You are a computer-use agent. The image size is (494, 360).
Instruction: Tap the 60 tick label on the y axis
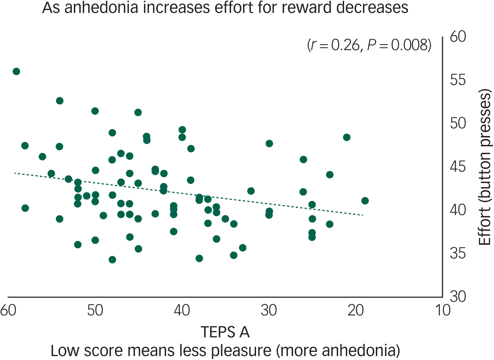point(458,37)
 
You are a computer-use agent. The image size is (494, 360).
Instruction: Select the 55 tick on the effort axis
point(458,80)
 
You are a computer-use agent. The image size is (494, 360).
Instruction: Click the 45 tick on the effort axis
point(458,166)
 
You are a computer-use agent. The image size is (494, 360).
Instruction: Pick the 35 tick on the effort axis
point(458,253)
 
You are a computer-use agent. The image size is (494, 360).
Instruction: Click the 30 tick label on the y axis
point(458,297)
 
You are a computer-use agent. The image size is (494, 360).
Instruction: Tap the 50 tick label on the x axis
point(95,310)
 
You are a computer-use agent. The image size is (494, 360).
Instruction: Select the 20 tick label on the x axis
point(355,310)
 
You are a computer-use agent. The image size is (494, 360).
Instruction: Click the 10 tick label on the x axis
point(442,310)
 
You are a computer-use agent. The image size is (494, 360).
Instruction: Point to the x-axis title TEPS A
point(225,332)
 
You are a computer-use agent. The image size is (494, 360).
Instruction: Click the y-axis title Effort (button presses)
point(484,167)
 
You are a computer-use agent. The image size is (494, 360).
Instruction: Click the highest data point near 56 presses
point(16,72)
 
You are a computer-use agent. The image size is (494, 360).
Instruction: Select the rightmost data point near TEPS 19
point(365,201)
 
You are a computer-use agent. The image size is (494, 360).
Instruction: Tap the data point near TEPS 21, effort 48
point(347,137)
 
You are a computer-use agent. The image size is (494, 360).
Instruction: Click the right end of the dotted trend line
point(363,215)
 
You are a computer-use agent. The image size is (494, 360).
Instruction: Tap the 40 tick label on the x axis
point(182,310)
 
